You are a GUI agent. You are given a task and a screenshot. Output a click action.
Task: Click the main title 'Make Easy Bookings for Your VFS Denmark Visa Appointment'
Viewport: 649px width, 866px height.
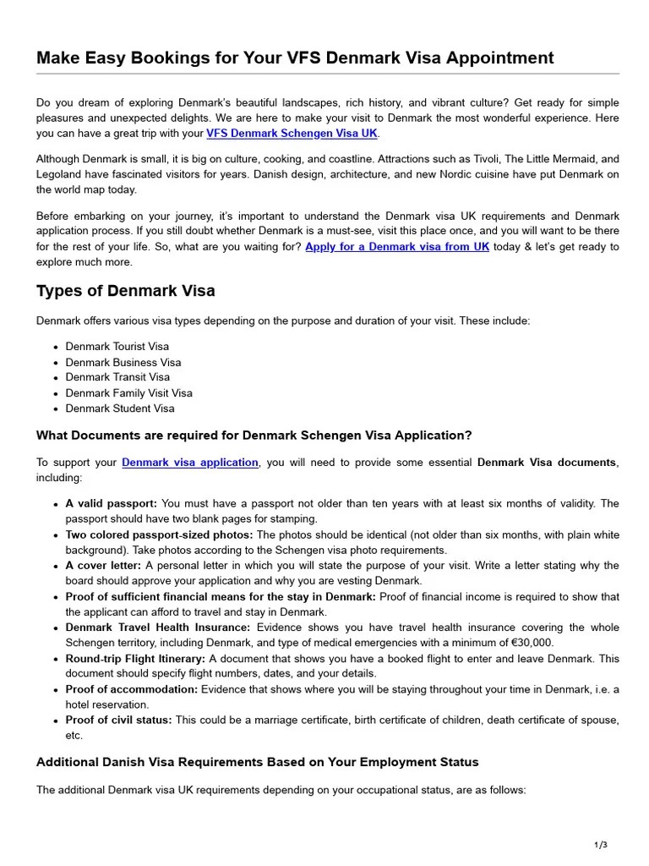coord(295,58)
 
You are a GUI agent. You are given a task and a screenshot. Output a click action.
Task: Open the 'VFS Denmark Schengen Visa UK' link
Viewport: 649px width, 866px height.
coord(292,134)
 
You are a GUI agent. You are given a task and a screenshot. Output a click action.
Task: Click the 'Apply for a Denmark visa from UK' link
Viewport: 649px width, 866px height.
coord(397,247)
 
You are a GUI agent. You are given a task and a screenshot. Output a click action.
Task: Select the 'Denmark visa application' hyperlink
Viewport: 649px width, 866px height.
coord(190,463)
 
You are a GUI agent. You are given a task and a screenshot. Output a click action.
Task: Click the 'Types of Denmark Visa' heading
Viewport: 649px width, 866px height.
coord(125,291)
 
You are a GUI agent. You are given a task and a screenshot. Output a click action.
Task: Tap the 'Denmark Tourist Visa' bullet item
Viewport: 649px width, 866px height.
coord(117,346)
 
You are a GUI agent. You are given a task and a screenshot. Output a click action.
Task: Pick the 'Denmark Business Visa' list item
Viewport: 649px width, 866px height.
coord(123,362)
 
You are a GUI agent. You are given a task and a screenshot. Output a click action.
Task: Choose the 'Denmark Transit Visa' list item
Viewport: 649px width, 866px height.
coord(117,377)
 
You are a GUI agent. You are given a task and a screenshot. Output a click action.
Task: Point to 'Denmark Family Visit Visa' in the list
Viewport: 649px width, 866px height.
coord(129,393)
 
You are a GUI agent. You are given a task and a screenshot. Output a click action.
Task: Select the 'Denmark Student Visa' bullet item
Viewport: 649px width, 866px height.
coord(120,408)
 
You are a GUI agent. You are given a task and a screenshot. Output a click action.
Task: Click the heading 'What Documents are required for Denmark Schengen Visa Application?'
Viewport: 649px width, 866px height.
coord(254,436)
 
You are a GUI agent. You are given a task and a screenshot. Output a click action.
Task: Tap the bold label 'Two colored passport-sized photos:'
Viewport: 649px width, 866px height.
coord(159,534)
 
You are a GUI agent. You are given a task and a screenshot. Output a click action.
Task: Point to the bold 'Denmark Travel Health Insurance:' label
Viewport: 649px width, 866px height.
coord(158,628)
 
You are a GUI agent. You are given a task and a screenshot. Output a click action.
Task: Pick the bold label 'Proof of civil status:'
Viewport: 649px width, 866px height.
coord(118,720)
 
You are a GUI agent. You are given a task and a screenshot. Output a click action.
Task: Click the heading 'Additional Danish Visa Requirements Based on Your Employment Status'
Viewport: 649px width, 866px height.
coord(257,762)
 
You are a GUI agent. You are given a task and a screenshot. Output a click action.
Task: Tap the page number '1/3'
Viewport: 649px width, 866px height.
coord(601,845)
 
